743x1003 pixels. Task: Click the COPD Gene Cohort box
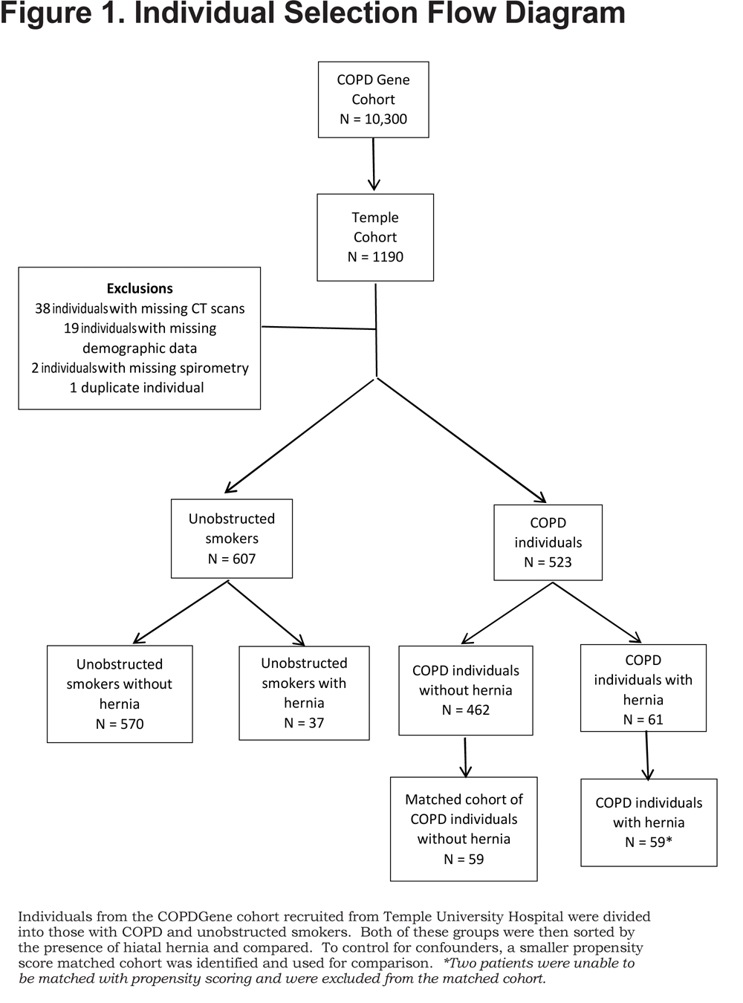coord(373,100)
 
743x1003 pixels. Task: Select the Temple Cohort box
coord(375,238)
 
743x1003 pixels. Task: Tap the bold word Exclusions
coord(140,288)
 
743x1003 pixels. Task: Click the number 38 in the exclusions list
coord(42,308)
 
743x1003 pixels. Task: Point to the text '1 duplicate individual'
coord(137,388)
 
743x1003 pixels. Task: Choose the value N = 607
coord(232,559)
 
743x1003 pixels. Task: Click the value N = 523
coord(548,562)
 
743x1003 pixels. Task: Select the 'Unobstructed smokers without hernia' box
coord(120,694)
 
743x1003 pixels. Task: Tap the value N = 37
coord(304,723)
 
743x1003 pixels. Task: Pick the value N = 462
coord(466,710)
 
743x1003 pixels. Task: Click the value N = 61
coord(643,719)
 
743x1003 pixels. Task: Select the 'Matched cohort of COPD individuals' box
coord(464,829)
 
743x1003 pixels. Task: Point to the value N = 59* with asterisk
coord(649,842)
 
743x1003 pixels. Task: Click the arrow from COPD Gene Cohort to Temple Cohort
coord(374,164)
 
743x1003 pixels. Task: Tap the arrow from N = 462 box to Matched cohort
coord(465,757)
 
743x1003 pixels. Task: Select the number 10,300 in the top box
coord(386,119)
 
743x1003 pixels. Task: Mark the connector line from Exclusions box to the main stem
coord(319,328)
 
